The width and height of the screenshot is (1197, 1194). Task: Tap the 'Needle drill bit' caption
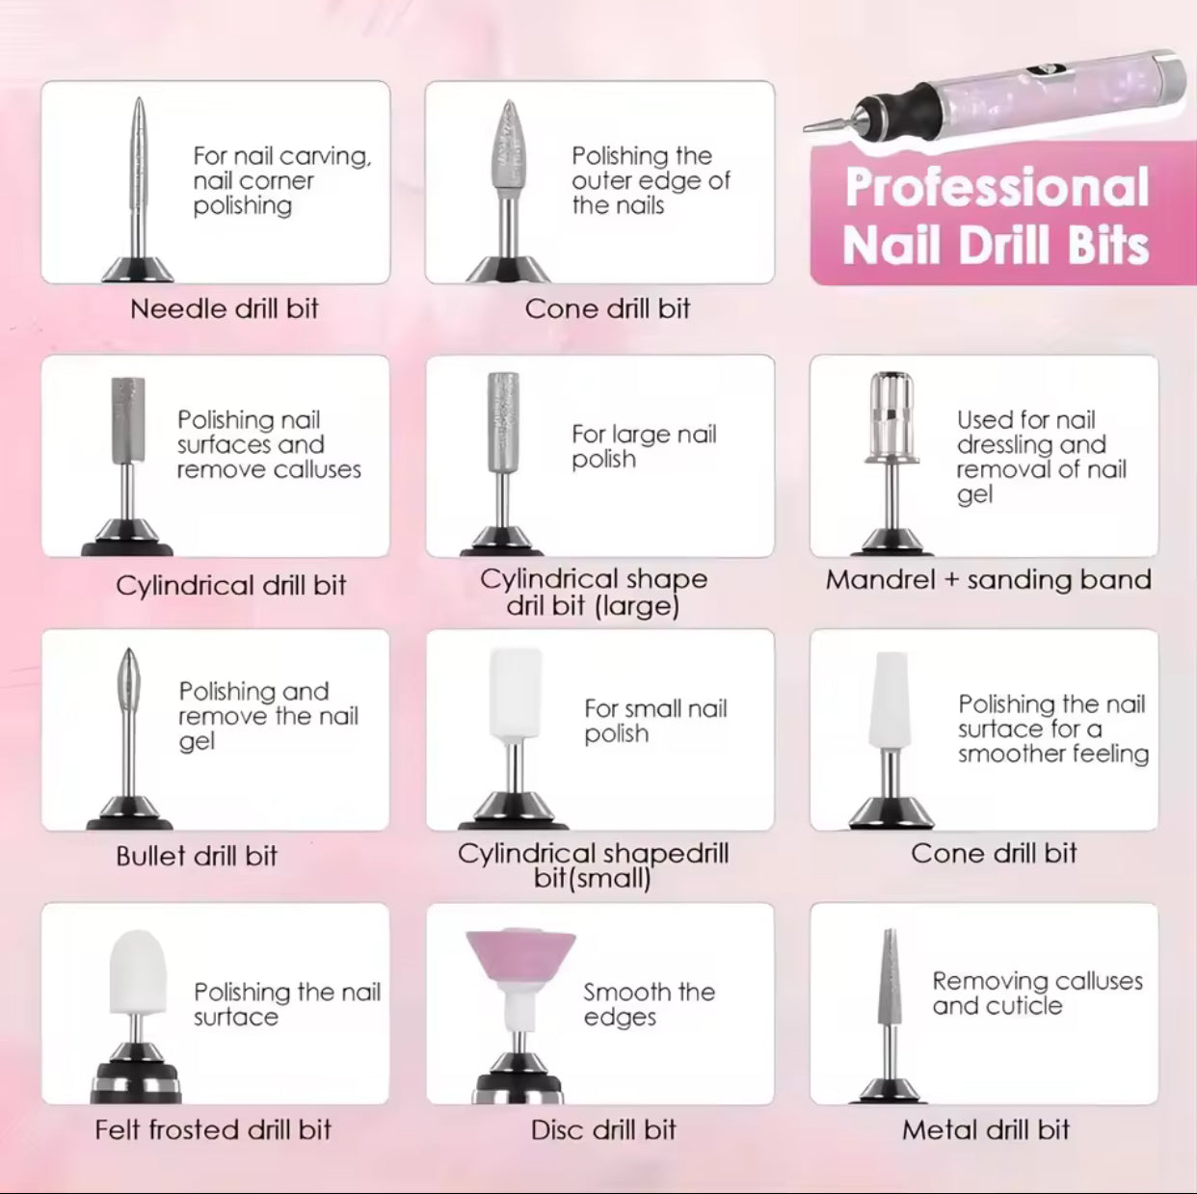pyautogui.click(x=225, y=308)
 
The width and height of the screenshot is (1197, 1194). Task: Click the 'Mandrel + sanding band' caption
pyautogui.click(x=988, y=579)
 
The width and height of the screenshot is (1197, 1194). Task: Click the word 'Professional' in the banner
pyautogui.click(x=997, y=187)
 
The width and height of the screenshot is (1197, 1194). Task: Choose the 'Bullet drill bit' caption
pyautogui.click(x=197, y=856)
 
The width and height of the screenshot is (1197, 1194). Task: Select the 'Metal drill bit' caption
pyautogui.click(x=985, y=1129)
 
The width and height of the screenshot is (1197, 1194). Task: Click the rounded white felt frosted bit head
pyautogui.click(x=138, y=973)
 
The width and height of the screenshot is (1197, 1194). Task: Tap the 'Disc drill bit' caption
pyautogui.click(x=603, y=1129)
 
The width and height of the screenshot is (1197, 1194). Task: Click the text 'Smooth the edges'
pyautogui.click(x=649, y=1004)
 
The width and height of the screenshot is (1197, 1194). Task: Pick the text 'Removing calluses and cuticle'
pyautogui.click(x=1037, y=993)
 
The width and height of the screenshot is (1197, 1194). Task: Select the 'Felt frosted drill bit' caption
pyautogui.click(x=213, y=1129)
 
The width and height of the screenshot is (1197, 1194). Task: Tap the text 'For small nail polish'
pyautogui.click(x=655, y=721)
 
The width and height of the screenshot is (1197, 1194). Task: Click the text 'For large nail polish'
pyautogui.click(x=644, y=446)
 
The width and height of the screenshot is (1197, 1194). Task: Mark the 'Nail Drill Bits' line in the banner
pyautogui.click(x=996, y=246)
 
